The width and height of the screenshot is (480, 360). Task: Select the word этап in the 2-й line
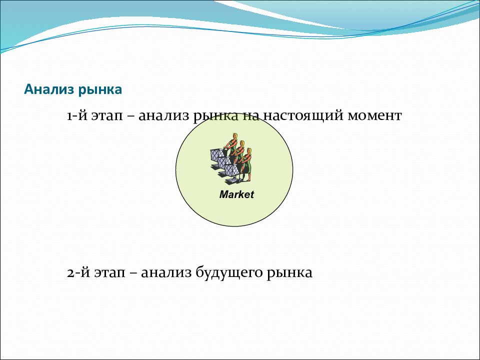(x=109, y=273)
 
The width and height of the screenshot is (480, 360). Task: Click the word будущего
(x=228, y=273)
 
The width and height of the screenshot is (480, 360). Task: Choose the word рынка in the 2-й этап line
(x=289, y=273)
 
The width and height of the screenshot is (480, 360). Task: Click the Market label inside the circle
(x=236, y=194)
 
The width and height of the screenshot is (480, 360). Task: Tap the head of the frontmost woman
(x=249, y=151)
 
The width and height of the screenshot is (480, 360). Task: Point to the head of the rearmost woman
(x=235, y=136)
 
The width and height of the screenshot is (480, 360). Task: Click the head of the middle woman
(x=242, y=144)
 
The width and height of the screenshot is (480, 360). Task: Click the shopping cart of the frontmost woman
(x=232, y=172)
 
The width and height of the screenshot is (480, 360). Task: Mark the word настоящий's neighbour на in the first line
(x=251, y=116)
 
